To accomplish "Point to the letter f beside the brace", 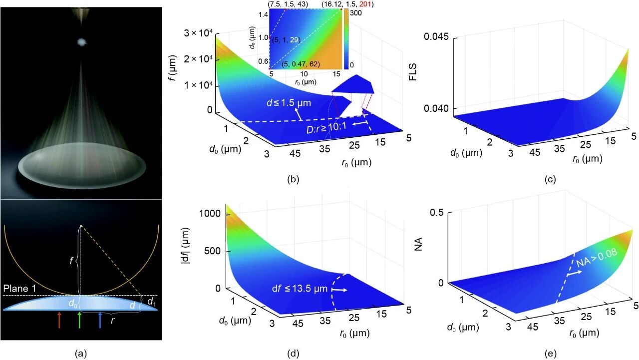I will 70,259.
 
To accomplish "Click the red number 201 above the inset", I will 366,4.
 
